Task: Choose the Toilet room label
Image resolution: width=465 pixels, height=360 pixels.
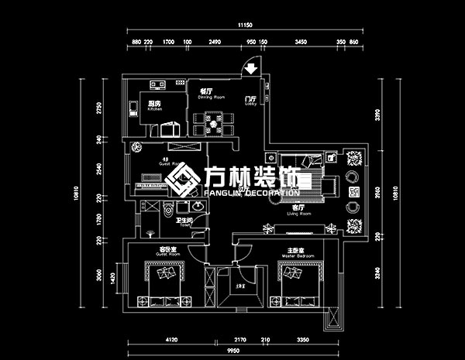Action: tap(183, 222)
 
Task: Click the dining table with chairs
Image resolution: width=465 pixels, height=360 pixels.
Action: tap(210, 122)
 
